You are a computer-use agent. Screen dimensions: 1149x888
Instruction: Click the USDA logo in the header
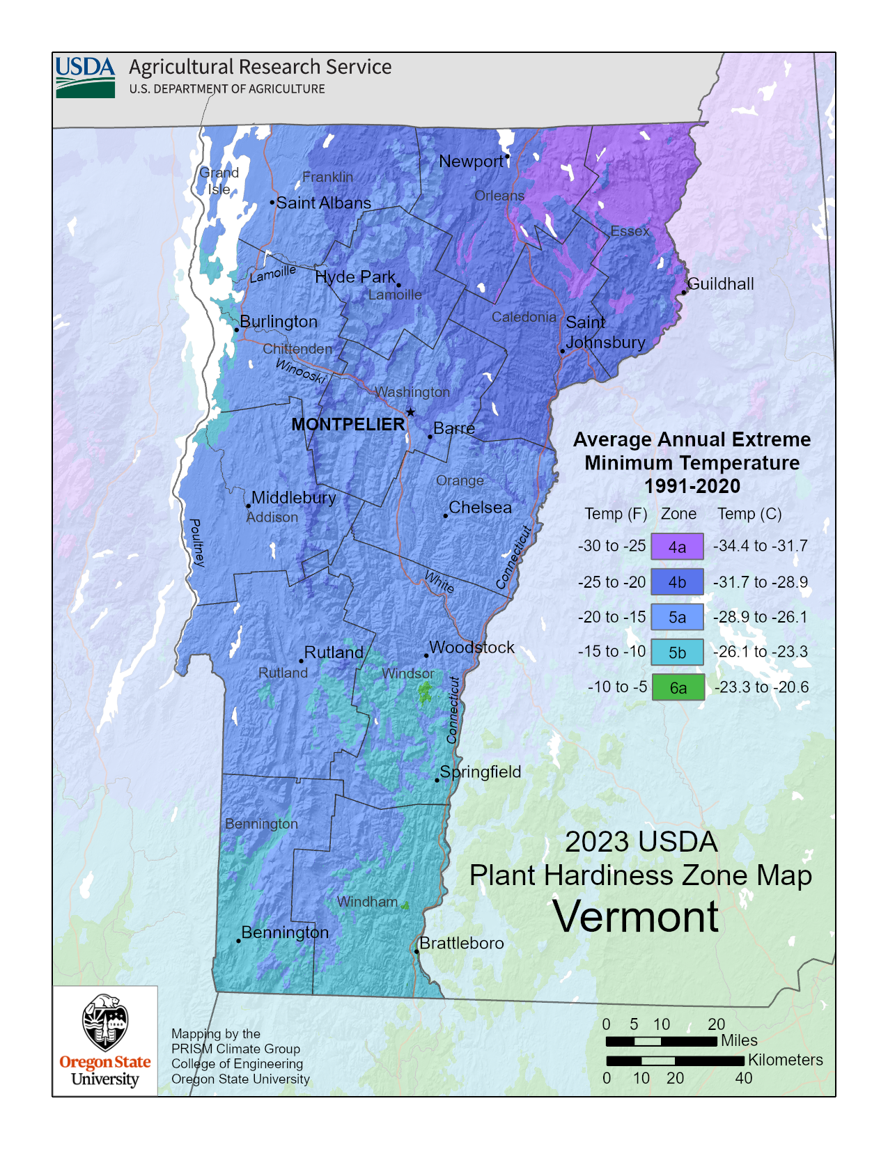coord(85,77)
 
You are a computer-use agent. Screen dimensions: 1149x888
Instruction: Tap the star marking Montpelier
coord(411,412)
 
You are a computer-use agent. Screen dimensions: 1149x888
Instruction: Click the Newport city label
coord(471,162)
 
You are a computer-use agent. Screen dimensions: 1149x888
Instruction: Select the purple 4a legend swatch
coord(677,547)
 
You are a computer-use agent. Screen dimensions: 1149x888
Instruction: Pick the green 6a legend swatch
coord(678,687)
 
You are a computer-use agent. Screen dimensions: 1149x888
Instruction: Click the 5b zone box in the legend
coord(677,652)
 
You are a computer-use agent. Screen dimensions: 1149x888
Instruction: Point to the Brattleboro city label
coord(461,943)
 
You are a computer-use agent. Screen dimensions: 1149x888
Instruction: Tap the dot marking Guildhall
coord(684,292)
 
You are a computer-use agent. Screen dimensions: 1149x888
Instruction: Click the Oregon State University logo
coord(105,1040)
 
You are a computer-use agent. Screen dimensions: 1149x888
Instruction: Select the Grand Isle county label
coord(219,180)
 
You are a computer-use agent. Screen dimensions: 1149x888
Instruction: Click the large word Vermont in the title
coord(635,916)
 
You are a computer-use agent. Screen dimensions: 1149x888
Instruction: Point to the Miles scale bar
coord(661,1042)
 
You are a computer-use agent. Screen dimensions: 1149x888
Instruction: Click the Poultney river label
coord(197,542)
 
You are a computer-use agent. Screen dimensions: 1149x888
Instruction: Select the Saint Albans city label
coord(323,203)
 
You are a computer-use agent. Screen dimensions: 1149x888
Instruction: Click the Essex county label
coord(630,231)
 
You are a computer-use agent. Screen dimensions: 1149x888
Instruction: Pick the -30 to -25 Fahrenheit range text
coord(612,546)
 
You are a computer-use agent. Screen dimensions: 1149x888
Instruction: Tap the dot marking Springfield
coord(437,780)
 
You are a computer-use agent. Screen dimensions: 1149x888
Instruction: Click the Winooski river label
coord(300,370)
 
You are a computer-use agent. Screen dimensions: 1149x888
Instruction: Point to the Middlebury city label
coord(293,497)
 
